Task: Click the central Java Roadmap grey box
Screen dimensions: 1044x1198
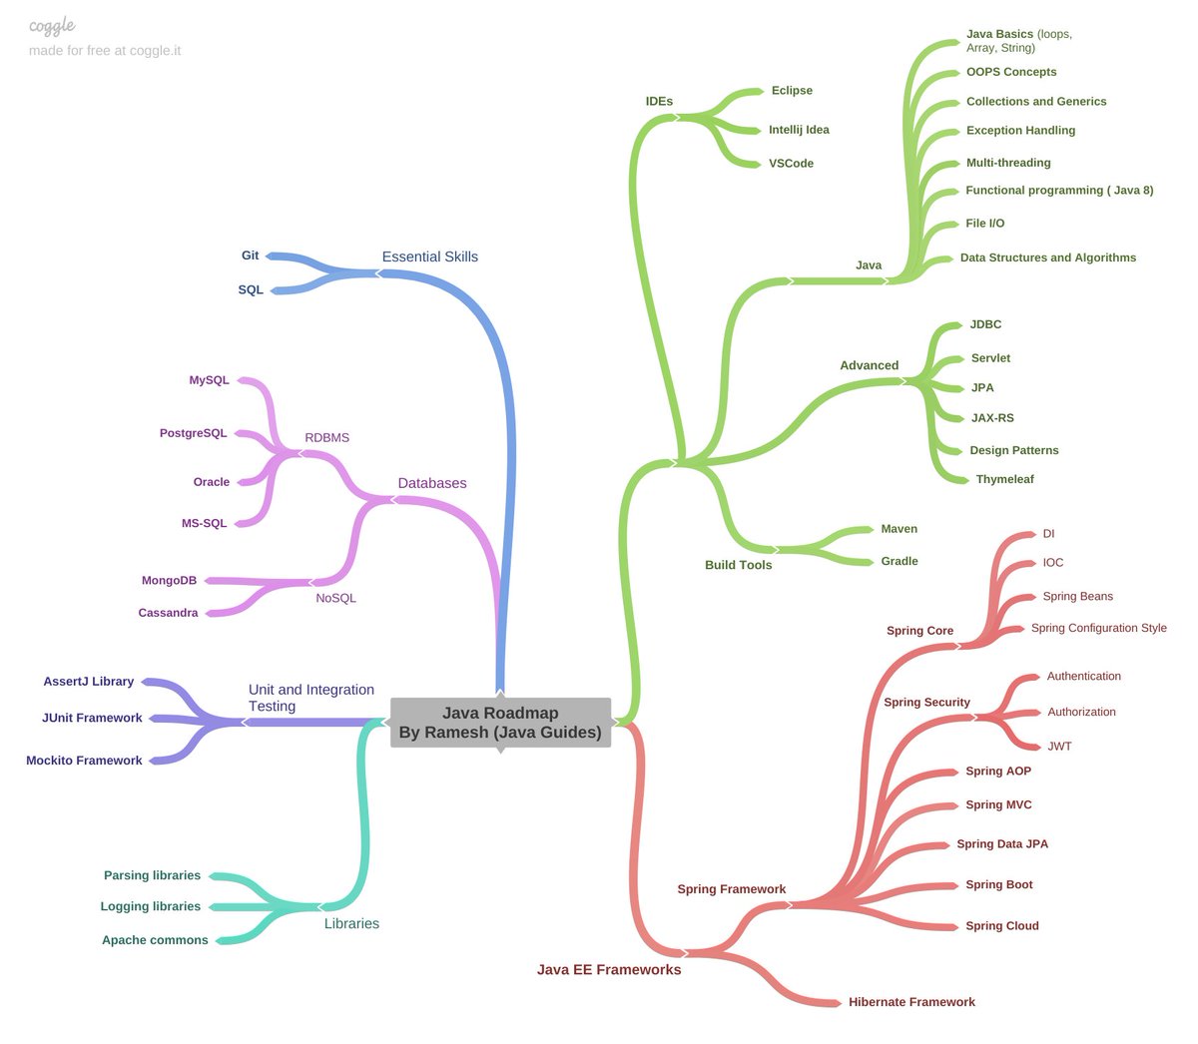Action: (x=500, y=723)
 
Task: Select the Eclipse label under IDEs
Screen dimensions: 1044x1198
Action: (x=792, y=91)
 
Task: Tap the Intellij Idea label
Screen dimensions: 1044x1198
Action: (x=799, y=130)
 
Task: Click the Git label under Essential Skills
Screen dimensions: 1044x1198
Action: (x=250, y=256)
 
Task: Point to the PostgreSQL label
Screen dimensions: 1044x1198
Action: (x=194, y=433)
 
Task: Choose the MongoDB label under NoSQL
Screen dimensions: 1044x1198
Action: (x=170, y=581)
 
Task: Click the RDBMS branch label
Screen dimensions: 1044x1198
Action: (x=326, y=438)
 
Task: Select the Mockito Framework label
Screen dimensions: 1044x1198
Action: (x=84, y=761)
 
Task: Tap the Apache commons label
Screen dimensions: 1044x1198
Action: (x=155, y=940)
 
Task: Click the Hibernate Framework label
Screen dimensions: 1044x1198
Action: (x=911, y=1002)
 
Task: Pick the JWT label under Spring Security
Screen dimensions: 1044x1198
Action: (x=1059, y=747)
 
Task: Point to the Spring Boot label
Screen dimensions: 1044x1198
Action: (x=998, y=885)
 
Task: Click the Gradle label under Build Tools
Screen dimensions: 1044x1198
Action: (x=898, y=562)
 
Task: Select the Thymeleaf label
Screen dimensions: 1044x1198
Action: (x=1004, y=480)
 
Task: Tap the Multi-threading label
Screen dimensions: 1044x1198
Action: (x=1008, y=163)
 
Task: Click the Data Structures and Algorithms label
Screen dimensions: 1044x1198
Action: (x=1047, y=258)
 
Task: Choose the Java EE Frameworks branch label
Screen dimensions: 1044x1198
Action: (x=609, y=970)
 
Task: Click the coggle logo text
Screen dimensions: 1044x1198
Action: (x=52, y=26)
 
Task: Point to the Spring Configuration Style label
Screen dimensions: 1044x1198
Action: (x=1098, y=629)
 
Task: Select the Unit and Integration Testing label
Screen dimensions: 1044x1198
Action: (x=310, y=698)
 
